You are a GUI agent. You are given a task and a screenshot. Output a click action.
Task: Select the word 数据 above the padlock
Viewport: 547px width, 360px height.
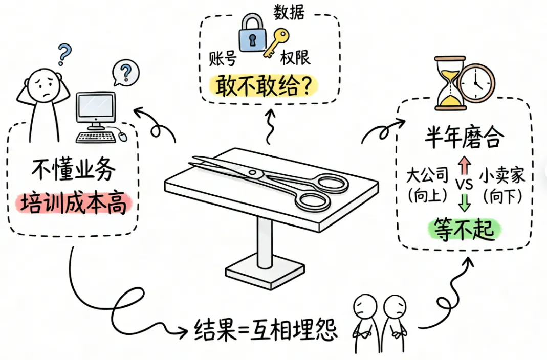pos(289,12)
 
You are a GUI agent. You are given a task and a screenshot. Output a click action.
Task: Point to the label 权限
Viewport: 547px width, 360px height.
pos(295,59)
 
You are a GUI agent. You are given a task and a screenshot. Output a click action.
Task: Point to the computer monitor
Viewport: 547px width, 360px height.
pos(95,109)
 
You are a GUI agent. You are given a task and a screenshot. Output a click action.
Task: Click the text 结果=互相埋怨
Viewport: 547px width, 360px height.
pos(266,330)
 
